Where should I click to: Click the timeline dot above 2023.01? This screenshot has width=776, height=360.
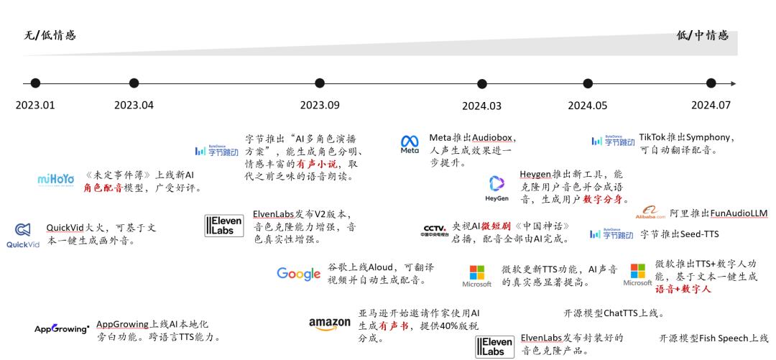click(x=35, y=83)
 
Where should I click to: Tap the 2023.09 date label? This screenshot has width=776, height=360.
click(x=320, y=105)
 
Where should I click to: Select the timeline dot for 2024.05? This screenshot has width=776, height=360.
click(x=587, y=83)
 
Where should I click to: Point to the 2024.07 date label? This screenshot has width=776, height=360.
click(x=711, y=105)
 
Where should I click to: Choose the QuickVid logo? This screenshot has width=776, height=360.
click(x=23, y=235)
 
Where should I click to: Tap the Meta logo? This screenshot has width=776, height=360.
click(x=410, y=144)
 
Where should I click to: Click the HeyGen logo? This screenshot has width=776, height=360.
click(x=496, y=188)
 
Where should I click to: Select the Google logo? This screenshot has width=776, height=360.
click(x=298, y=274)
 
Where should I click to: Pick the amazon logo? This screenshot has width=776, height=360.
click(x=330, y=325)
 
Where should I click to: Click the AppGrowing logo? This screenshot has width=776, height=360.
click(x=62, y=329)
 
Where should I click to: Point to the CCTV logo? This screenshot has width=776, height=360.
click(x=435, y=231)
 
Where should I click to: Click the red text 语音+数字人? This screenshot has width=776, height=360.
click(x=683, y=289)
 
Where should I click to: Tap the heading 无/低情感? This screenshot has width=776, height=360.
click(x=50, y=35)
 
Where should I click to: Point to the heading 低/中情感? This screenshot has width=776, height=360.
click(x=702, y=35)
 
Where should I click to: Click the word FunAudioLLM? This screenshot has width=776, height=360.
click(x=739, y=213)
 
